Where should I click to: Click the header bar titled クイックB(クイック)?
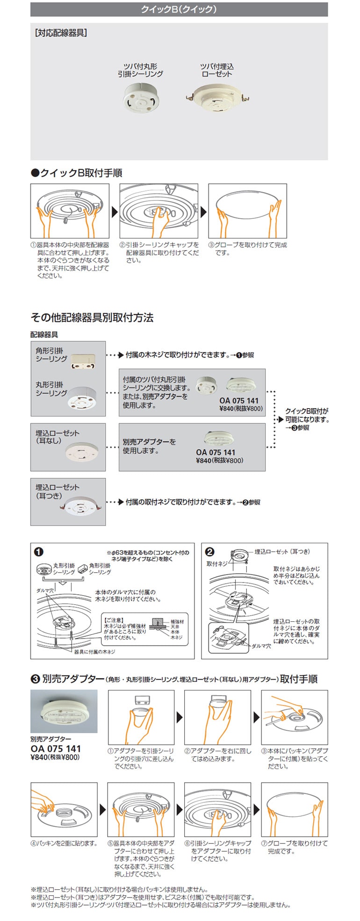pos(179,9)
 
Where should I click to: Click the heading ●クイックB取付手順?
pos(76,173)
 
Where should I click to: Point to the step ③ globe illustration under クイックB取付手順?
pos(247,211)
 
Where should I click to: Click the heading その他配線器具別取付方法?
pos(92,318)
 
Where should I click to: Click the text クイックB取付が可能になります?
pos(307,415)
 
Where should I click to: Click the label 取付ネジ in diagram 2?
pos(216,564)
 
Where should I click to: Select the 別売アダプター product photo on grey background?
pos(64,711)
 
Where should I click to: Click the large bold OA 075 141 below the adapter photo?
pos(56,748)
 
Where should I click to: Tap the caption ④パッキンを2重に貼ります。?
pos(64,843)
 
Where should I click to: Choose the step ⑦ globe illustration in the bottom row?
pos(294,810)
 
